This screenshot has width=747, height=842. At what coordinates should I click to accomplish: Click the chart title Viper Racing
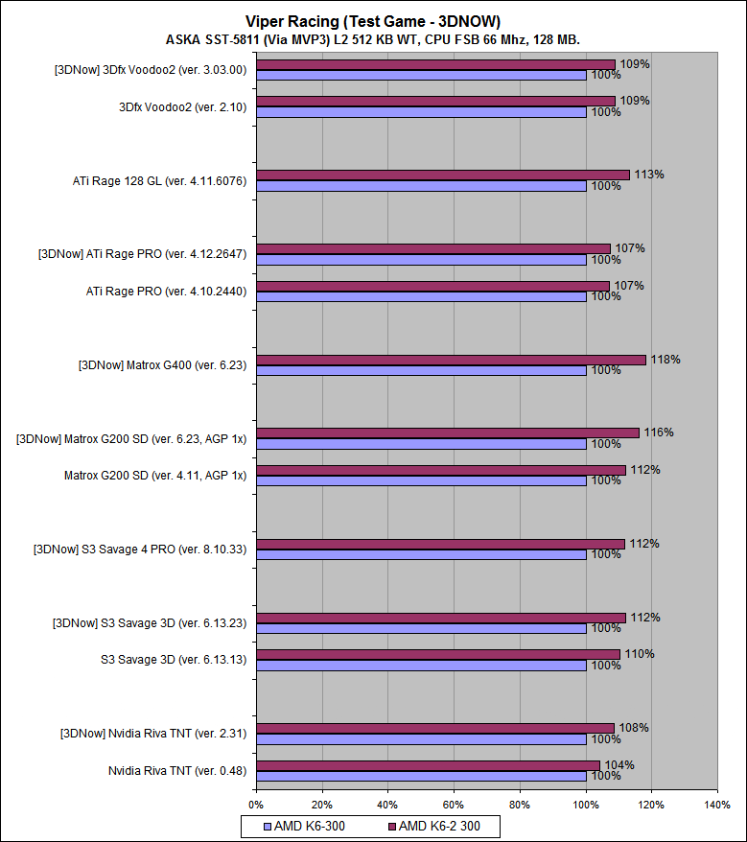[x=373, y=21]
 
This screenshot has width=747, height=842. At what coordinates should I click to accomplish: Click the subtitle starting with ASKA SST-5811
[x=373, y=39]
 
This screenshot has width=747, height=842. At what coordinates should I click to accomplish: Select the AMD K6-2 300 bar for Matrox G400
[x=451, y=360]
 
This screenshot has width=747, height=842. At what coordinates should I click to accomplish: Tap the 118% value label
[x=665, y=360]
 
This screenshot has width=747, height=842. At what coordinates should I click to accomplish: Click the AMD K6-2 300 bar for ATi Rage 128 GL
[x=442, y=175]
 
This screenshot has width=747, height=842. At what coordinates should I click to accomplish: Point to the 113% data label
[x=649, y=175]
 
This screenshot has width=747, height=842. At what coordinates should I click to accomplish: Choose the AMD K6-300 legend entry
[x=306, y=825]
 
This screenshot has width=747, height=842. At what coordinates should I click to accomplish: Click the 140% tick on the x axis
[x=716, y=805]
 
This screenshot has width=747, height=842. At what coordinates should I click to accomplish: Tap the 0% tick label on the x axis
[x=256, y=805]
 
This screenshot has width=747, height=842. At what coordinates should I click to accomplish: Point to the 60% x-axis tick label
[x=454, y=805]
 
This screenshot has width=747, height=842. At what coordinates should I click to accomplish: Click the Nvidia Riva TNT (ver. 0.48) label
[x=177, y=771]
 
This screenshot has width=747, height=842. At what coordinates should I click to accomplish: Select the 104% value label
[x=619, y=764]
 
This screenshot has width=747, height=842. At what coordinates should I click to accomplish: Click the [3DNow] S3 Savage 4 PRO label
[x=140, y=550]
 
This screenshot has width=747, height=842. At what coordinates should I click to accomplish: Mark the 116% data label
[x=659, y=433]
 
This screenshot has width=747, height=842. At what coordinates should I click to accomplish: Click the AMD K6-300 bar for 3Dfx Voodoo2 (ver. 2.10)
[x=420, y=112]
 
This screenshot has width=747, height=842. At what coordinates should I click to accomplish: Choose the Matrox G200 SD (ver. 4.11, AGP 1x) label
[x=155, y=476]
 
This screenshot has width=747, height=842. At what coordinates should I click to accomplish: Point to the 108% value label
[x=634, y=728]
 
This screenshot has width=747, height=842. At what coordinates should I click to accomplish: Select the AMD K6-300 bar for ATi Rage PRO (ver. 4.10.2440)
[x=420, y=296]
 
